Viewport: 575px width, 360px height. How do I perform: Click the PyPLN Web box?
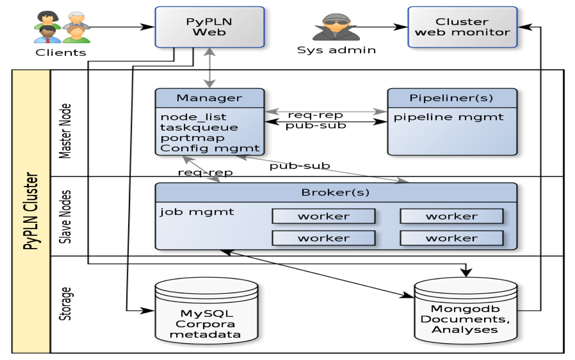pos(209,27)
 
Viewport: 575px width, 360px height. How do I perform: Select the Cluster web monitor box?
pos(462,27)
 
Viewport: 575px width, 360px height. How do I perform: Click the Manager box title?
pos(209,98)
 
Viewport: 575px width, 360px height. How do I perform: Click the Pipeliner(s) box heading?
pos(452,98)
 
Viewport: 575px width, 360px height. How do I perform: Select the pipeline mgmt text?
pos(448,117)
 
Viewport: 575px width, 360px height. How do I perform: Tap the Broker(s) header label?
pos(335,192)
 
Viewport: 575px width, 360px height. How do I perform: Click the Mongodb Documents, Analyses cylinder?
pos(465,313)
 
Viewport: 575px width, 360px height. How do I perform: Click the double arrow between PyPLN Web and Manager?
pos(209,68)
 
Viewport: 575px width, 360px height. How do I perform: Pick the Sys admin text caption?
pos(336,50)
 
